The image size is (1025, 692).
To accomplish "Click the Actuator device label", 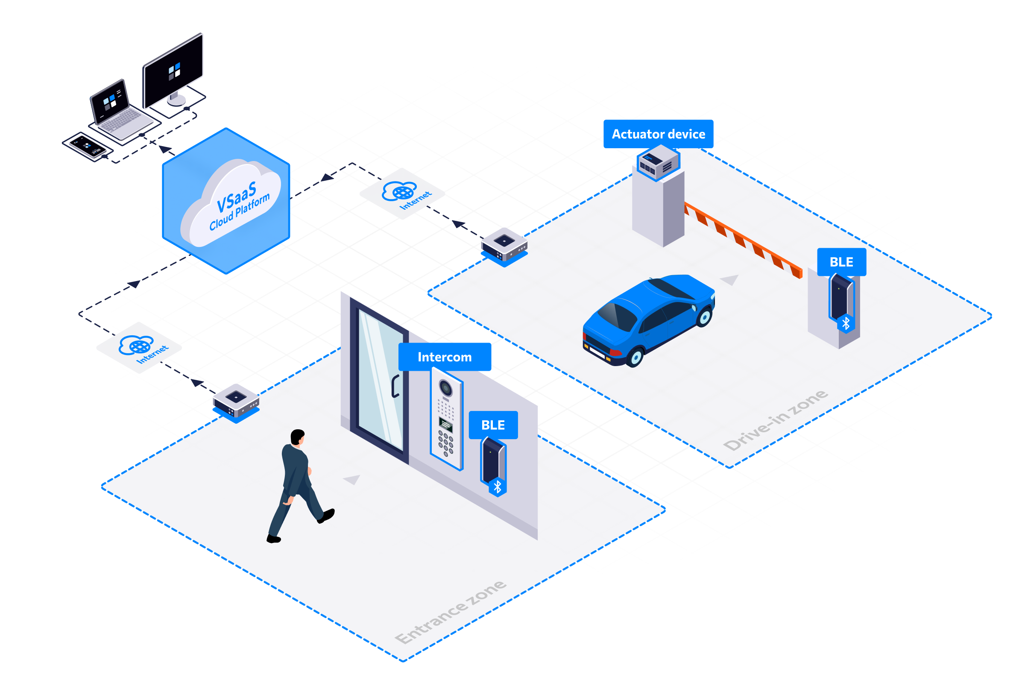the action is (x=658, y=134).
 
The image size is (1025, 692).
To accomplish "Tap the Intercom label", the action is (x=445, y=357).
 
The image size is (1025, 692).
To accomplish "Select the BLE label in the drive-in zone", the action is (x=841, y=262).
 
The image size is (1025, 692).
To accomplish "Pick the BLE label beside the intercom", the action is (x=493, y=425).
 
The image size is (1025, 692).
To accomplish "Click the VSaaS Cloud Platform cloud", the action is (x=231, y=202).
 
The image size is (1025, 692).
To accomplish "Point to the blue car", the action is (x=648, y=320).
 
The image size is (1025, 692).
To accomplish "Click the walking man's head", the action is (x=298, y=437).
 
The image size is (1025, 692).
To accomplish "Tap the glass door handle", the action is (x=395, y=386).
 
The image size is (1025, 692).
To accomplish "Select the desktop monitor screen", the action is (x=173, y=70).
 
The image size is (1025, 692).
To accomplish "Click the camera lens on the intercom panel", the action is (x=445, y=388).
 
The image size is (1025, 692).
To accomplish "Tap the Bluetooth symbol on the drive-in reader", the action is (x=846, y=324).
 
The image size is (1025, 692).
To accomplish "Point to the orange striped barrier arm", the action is (x=743, y=240).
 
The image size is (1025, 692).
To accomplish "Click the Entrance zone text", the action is (x=450, y=612).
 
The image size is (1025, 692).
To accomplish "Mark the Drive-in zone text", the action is (x=775, y=420).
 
